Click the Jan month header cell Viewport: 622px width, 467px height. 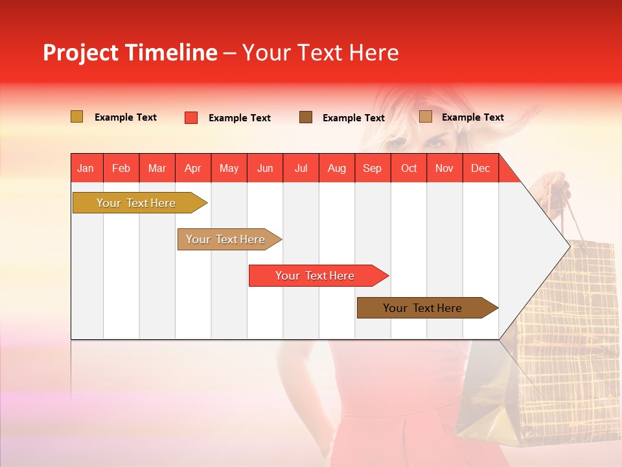point(86,168)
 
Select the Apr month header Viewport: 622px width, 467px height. point(193,168)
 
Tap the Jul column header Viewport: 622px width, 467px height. point(301,168)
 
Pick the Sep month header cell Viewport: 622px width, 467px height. point(373,168)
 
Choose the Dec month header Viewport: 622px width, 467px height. point(480,168)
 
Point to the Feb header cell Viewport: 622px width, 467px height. point(121,168)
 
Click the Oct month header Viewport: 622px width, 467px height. point(409,168)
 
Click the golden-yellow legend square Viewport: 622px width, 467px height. point(77,117)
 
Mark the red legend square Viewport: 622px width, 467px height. point(191,117)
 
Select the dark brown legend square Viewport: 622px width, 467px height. point(306,117)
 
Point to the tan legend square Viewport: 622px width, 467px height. point(426,117)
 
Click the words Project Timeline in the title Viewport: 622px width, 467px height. point(130,53)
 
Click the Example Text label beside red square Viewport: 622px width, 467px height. point(239,118)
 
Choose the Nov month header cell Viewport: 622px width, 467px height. point(444,168)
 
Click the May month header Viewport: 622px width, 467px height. point(229,168)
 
